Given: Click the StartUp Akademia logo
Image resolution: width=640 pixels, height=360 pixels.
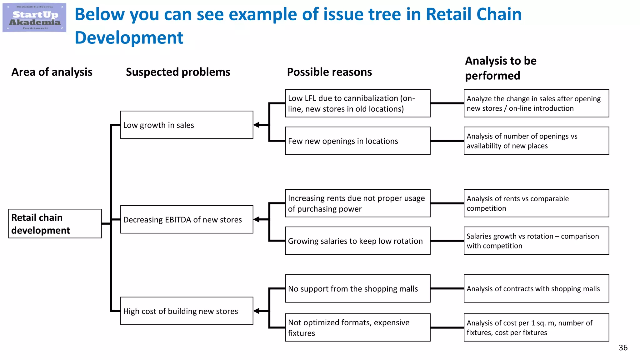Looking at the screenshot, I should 34,17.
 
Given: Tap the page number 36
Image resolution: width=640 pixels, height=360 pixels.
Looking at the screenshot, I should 623,348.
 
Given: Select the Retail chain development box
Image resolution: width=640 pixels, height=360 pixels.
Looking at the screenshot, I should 55,224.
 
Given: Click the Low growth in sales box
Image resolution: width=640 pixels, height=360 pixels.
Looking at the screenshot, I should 187,125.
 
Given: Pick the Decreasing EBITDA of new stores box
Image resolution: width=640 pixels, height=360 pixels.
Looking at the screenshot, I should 187,219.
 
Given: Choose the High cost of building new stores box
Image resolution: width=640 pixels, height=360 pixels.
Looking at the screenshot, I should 187,311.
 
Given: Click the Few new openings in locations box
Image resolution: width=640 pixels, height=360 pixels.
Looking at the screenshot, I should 357,141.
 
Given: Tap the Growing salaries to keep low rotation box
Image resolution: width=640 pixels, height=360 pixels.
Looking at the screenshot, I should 357,241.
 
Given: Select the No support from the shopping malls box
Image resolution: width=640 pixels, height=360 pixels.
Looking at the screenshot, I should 357,288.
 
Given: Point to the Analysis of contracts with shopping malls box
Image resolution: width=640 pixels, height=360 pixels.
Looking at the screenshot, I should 536,288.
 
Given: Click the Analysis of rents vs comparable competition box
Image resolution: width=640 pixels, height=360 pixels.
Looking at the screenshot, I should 536,203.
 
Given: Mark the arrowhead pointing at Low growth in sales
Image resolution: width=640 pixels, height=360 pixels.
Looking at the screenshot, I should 257,125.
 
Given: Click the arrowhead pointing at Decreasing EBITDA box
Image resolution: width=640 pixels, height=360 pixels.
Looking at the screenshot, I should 257,219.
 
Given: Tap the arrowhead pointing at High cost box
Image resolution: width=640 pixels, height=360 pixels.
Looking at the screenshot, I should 257,311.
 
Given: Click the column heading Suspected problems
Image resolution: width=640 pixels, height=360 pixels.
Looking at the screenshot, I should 178,72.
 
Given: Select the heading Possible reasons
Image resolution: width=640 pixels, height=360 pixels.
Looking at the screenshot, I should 329,72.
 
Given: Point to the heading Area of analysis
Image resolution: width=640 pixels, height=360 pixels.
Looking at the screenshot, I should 52,72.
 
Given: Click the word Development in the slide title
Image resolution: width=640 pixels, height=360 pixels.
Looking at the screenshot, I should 129,38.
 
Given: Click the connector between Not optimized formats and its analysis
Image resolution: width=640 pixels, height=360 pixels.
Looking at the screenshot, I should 447,327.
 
